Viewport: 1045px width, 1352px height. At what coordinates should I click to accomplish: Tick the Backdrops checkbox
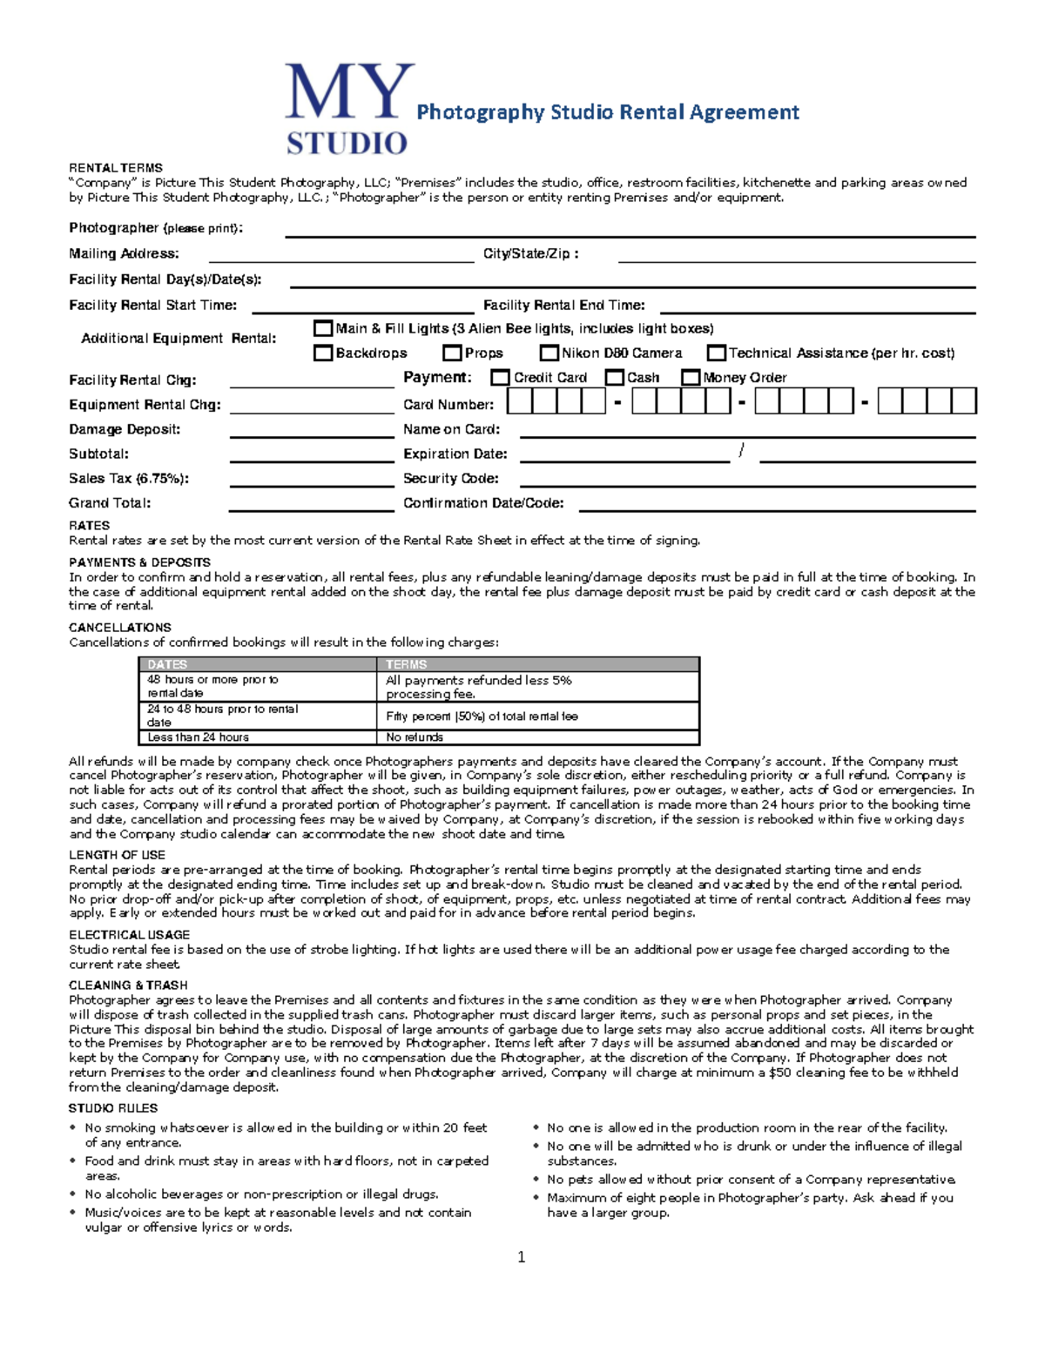(x=323, y=353)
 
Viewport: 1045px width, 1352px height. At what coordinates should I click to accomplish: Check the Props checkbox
(x=452, y=353)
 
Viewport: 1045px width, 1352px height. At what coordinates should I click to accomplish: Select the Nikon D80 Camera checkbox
(x=549, y=353)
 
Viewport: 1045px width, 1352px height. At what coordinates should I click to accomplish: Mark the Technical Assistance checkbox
(x=717, y=353)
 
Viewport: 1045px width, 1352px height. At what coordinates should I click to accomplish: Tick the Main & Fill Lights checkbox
(x=323, y=328)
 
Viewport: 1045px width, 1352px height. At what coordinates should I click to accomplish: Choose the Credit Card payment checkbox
(x=500, y=377)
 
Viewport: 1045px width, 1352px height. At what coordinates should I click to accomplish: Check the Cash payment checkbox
(x=615, y=377)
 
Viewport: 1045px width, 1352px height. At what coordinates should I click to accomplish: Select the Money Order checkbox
(x=691, y=377)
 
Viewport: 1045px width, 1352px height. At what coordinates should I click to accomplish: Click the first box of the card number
(x=519, y=401)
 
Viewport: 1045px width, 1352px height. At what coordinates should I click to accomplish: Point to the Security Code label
(x=450, y=479)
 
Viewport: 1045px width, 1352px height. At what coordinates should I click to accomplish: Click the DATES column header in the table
(x=167, y=664)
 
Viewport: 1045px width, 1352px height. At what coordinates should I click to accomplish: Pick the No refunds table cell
(x=415, y=737)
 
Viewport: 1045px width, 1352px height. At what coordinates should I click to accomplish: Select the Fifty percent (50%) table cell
(x=482, y=716)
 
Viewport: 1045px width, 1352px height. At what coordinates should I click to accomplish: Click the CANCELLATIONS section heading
(x=120, y=628)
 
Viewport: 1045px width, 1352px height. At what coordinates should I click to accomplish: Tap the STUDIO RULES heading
(x=113, y=1108)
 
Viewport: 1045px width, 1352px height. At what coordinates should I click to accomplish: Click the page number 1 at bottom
(x=521, y=1257)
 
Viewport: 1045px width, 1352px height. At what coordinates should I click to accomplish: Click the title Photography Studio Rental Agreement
(x=607, y=112)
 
